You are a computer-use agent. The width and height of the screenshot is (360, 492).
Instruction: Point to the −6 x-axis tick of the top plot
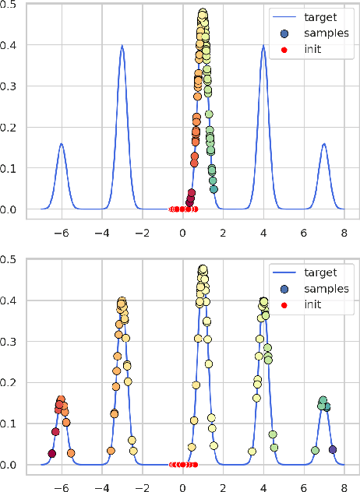[x=60, y=232]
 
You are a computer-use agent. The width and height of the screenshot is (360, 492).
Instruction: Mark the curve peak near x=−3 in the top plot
[x=122, y=45]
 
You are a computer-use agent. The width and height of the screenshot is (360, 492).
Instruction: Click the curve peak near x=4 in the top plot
[x=264, y=45]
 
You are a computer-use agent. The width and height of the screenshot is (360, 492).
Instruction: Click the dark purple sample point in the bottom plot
[x=333, y=449]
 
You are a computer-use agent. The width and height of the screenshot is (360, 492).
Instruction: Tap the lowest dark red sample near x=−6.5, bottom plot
[x=51, y=453]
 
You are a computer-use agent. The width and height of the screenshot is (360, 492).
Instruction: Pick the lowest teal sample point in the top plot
[x=214, y=189]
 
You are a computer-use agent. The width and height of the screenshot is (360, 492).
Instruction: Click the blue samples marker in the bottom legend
[x=284, y=289]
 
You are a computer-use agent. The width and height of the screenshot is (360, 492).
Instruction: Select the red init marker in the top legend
[x=284, y=49]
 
